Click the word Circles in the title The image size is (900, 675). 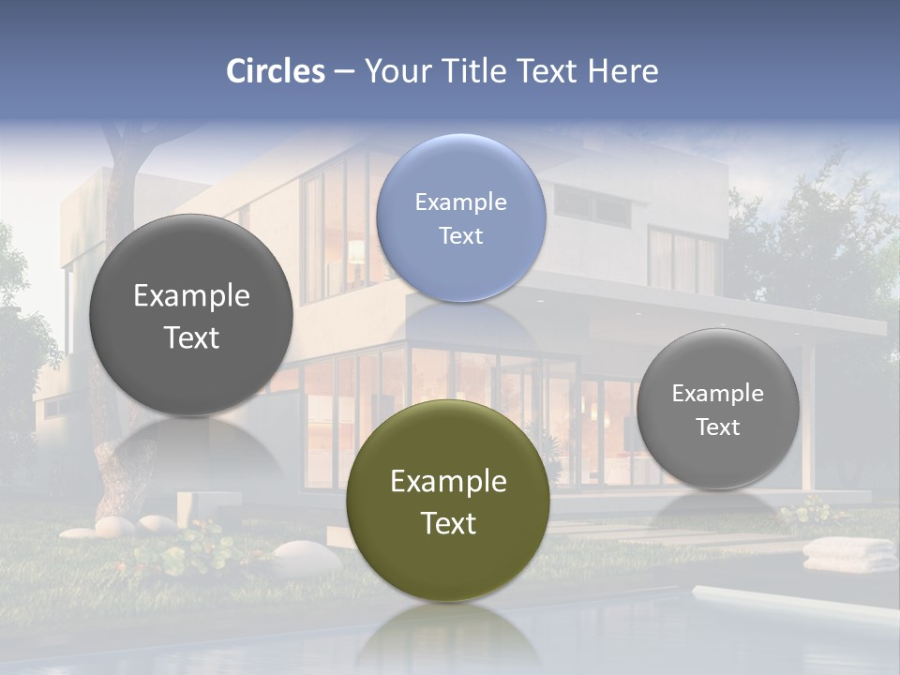[x=276, y=71]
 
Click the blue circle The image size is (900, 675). [x=460, y=218]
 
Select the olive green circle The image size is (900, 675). [x=448, y=502]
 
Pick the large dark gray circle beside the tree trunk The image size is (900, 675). [x=191, y=316]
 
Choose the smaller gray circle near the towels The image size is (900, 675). [x=718, y=409]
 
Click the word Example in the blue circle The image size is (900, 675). [x=460, y=202]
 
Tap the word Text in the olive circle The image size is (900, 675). [x=448, y=523]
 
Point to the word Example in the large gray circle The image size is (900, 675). [x=191, y=296]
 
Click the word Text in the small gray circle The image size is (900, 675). [x=718, y=427]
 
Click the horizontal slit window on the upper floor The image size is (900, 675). [x=592, y=204]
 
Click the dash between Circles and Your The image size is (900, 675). [x=344, y=72]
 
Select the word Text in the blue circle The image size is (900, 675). [x=460, y=236]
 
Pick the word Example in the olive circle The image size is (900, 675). [x=448, y=482]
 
